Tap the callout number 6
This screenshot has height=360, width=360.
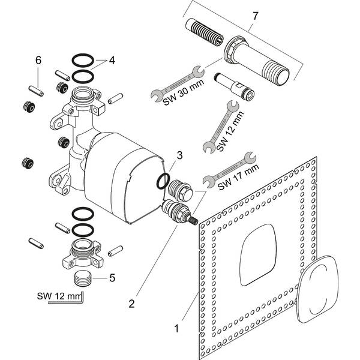point(38,61)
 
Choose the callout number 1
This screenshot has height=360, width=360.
point(176,328)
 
